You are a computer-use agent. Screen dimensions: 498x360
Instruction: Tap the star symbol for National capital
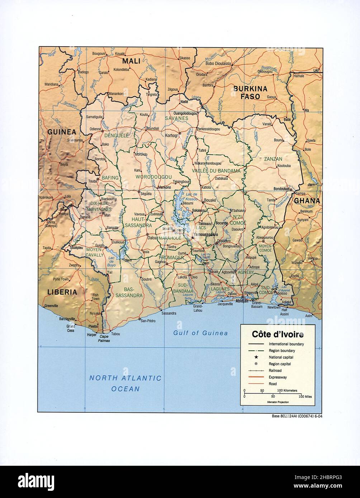pos(256,357)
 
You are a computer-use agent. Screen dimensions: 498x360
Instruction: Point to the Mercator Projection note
pos(278,402)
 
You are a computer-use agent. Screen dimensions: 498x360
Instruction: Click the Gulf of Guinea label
pos(200,333)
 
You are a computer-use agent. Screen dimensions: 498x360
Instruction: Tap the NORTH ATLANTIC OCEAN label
pos(125,383)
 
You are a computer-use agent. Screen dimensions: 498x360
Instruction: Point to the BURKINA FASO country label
pos(251,92)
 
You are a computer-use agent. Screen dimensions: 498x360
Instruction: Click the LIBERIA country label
pos(62,292)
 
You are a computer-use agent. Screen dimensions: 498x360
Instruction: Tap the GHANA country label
pos(307,201)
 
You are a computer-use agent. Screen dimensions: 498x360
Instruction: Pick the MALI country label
pos(131,61)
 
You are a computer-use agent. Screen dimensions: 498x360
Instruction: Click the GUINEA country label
pos(62,131)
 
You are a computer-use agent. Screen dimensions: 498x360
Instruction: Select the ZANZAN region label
pos(273,159)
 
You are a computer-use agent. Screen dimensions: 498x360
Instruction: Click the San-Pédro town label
pos(149,320)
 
